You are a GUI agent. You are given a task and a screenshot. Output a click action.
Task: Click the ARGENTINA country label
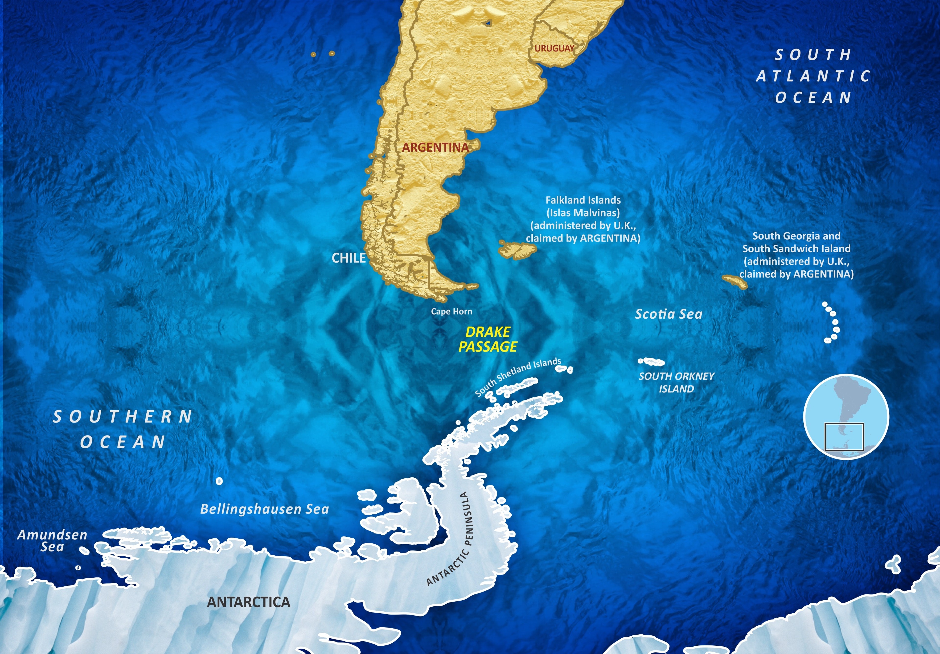pyautogui.click(x=435, y=147)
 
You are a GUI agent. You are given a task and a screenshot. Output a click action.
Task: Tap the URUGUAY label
pyautogui.click(x=554, y=48)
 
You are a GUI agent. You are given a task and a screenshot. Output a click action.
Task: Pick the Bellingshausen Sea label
pyautogui.click(x=264, y=509)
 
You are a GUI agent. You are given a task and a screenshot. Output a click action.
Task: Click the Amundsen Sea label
pyautogui.click(x=52, y=541)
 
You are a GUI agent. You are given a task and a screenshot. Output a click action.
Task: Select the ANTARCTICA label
pyautogui.click(x=248, y=602)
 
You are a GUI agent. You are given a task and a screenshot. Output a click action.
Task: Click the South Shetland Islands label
pyautogui.click(x=518, y=376)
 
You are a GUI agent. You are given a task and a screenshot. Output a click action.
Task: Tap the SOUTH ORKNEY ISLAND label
pyautogui.click(x=676, y=382)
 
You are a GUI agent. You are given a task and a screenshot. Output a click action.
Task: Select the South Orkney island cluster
pyautogui.click(x=651, y=362)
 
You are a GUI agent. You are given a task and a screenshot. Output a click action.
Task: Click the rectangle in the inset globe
pyautogui.click(x=844, y=437)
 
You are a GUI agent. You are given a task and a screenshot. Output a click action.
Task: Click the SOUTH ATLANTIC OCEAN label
pyautogui.click(x=813, y=76)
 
